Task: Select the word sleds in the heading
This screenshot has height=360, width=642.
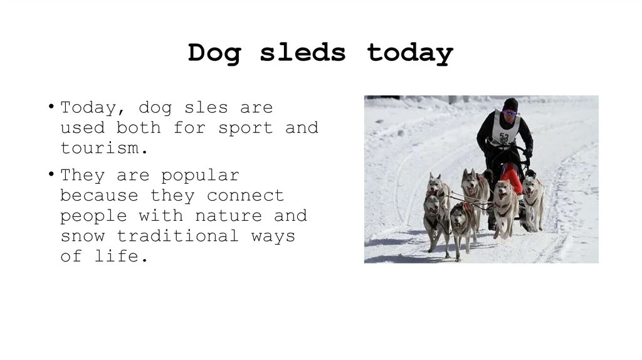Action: pos(302,53)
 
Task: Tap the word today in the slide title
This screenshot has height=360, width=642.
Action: pos(409,53)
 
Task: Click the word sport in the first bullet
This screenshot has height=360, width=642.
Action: pos(245,128)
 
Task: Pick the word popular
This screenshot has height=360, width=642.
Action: pos(200,176)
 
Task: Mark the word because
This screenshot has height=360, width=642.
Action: pos(98,196)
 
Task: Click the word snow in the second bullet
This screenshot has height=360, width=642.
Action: pos(83,236)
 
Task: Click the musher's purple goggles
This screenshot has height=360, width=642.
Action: pos(509,113)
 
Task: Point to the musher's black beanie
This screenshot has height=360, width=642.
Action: pos(510,103)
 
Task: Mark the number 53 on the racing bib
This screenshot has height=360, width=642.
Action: pos(504,137)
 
